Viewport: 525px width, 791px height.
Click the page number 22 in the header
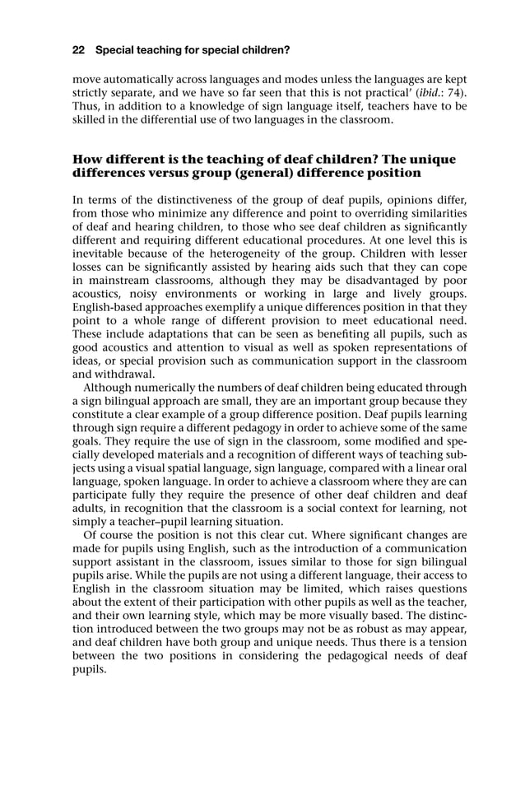coord(79,50)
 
